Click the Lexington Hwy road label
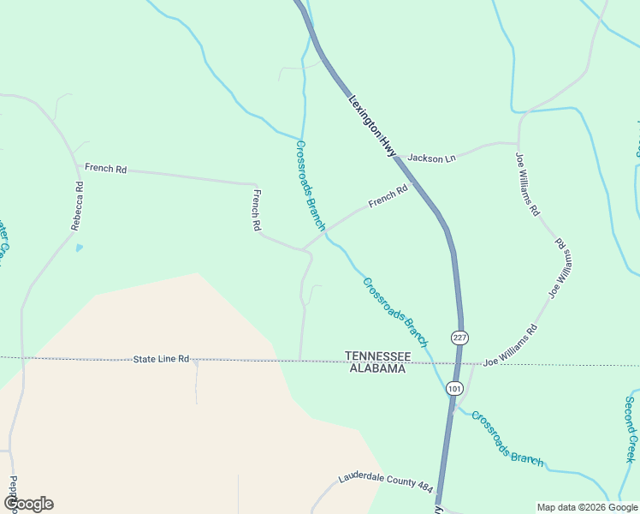(x=374, y=125)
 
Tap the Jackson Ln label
(x=432, y=158)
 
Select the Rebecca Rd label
(x=77, y=206)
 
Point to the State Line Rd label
(x=161, y=359)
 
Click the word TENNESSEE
(x=377, y=356)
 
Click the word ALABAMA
(x=377, y=368)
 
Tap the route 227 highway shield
(x=460, y=338)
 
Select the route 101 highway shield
(x=454, y=388)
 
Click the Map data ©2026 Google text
(x=587, y=507)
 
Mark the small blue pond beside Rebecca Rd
(x=80, y=248)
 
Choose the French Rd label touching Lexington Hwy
(x=388, y=197)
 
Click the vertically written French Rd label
(x=256, y=211)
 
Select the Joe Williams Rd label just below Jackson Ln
(x=527, y=184)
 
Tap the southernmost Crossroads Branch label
(x=507, y=439)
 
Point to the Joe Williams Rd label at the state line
(x=510, y=345)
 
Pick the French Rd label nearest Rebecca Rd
(x=106, y=169)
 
